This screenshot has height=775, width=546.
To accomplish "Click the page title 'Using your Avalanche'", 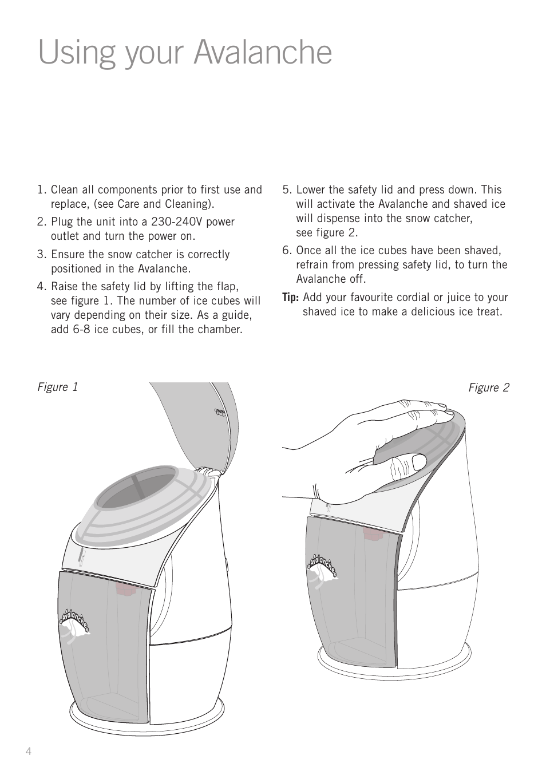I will [185, 53].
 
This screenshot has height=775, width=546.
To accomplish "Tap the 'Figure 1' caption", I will [58, 387].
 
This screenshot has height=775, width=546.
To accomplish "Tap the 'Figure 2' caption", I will [488, 388].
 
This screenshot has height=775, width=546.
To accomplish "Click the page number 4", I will [28, 752].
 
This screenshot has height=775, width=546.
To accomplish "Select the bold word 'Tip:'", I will [291, 298].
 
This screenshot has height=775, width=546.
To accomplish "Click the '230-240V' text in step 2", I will [177, 222].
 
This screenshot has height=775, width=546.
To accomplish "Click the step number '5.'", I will [287, 190].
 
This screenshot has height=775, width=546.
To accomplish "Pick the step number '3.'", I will [42, 255].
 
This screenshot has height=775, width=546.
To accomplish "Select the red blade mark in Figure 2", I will [374, 534].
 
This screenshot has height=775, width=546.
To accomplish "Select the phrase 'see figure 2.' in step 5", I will [326, 233].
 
